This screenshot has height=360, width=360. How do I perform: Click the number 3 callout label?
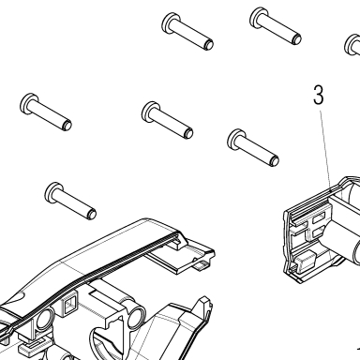(318, 95)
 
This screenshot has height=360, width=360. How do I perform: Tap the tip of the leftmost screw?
(67, 126)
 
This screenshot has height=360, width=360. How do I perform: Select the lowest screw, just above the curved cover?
(70, 201)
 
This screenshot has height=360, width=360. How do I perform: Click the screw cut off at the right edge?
(352, 45)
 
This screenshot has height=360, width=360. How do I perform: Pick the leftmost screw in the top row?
(187, 31)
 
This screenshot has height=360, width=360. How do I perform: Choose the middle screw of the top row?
(276, 25)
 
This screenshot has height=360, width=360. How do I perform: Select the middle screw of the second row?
(167, 120)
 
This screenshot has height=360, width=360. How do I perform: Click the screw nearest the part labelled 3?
(253, 147)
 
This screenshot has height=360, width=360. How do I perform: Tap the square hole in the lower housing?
(70, 304)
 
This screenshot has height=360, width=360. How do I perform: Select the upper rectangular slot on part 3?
(318, 217)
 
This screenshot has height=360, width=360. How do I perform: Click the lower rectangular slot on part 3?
(318, 232)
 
